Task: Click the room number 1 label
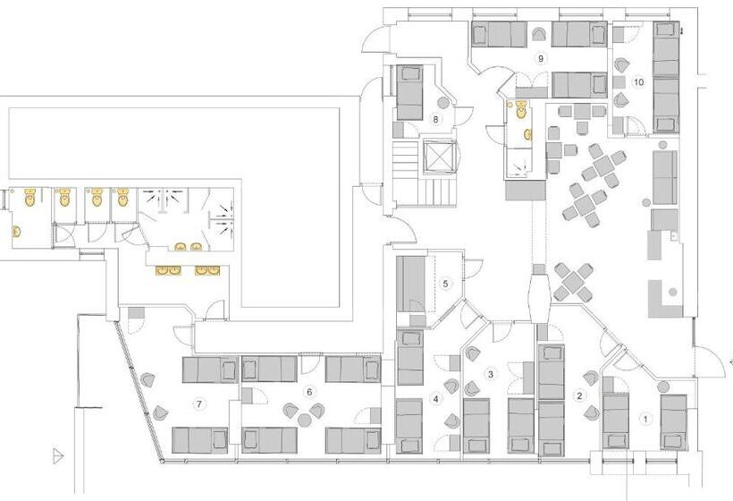pyautogui.click(x=646, y=417)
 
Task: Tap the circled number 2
pyautogui.click(x=579, y=395)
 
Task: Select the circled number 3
pyautogui.click(x=490, y=373)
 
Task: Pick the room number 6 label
pyautogui.click(x=309, y=390)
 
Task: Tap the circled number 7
pyautogui.click(x=199, y=403)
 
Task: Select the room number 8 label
pyautogui.click(x=436, y=118)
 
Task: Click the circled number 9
pyautogui.click(x=540, y=57)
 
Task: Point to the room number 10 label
pyautogui.click(x=638, y=81)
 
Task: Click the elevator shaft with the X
pyautogui.click(x=441, y=157)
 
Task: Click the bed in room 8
pyautogui.click(x=409, y=92)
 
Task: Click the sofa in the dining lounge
pyautogui.click(x=663, y=177)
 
